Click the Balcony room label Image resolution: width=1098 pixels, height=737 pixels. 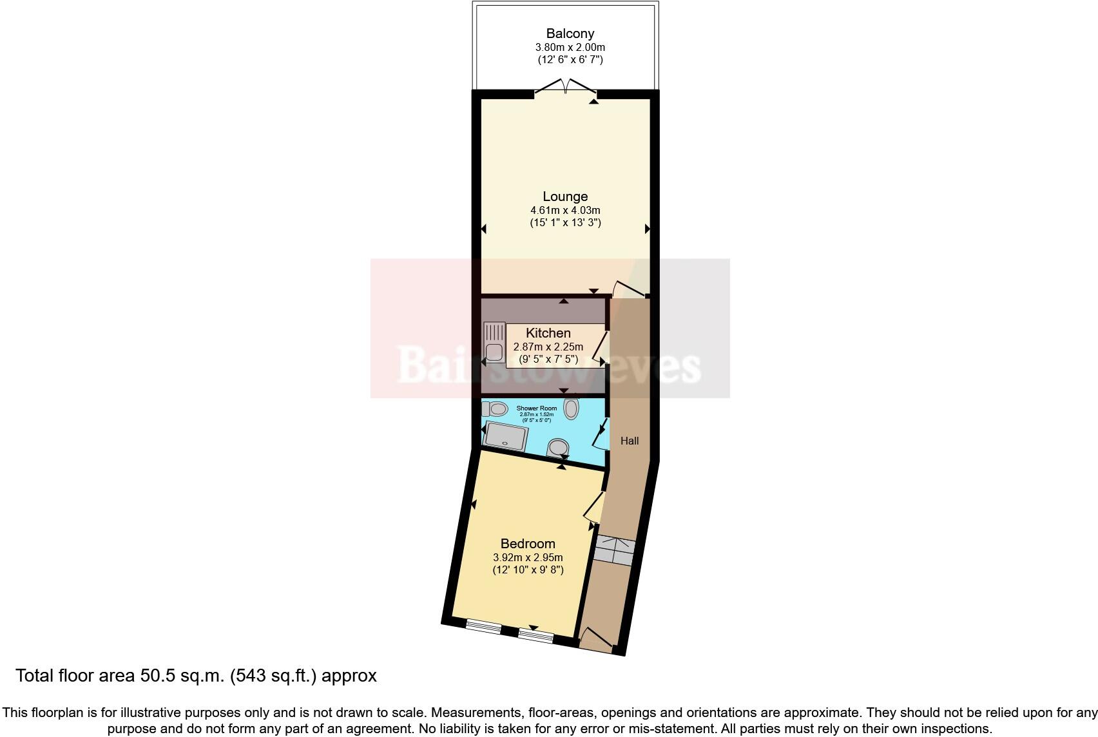pos(570,33)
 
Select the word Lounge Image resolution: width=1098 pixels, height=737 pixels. pos(565,196)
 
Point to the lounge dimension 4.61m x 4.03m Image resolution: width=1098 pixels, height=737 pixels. pos(565,210)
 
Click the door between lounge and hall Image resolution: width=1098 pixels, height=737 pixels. pos(629,289)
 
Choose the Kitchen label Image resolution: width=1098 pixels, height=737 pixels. pos(548,333)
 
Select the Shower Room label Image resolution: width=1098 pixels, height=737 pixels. pos(536,408)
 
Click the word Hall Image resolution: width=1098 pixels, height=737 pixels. pos(630,441)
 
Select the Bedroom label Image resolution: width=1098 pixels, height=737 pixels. pos(528,543)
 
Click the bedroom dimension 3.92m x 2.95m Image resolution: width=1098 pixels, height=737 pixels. pos(528,557)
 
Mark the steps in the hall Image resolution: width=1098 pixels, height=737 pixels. pos(614,551)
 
